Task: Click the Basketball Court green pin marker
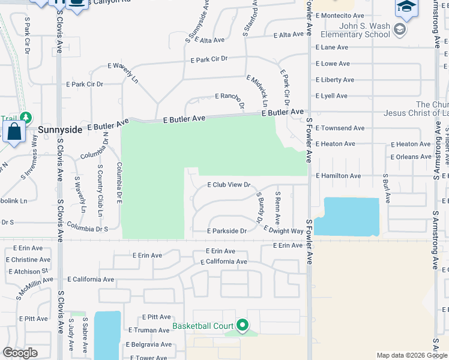(243, 325)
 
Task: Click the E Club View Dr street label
(228, 185)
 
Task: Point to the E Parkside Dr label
(227, 231)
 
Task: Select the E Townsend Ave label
(340, 128)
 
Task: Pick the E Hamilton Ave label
(338, 176)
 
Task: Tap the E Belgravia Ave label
(148, 344)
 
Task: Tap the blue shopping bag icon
(14, 131)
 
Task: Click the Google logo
(20, 353)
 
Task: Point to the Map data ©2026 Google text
(411, 355)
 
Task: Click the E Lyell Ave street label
(331, 96)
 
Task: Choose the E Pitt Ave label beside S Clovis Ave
(34, 319)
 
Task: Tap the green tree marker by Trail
(25, 118)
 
